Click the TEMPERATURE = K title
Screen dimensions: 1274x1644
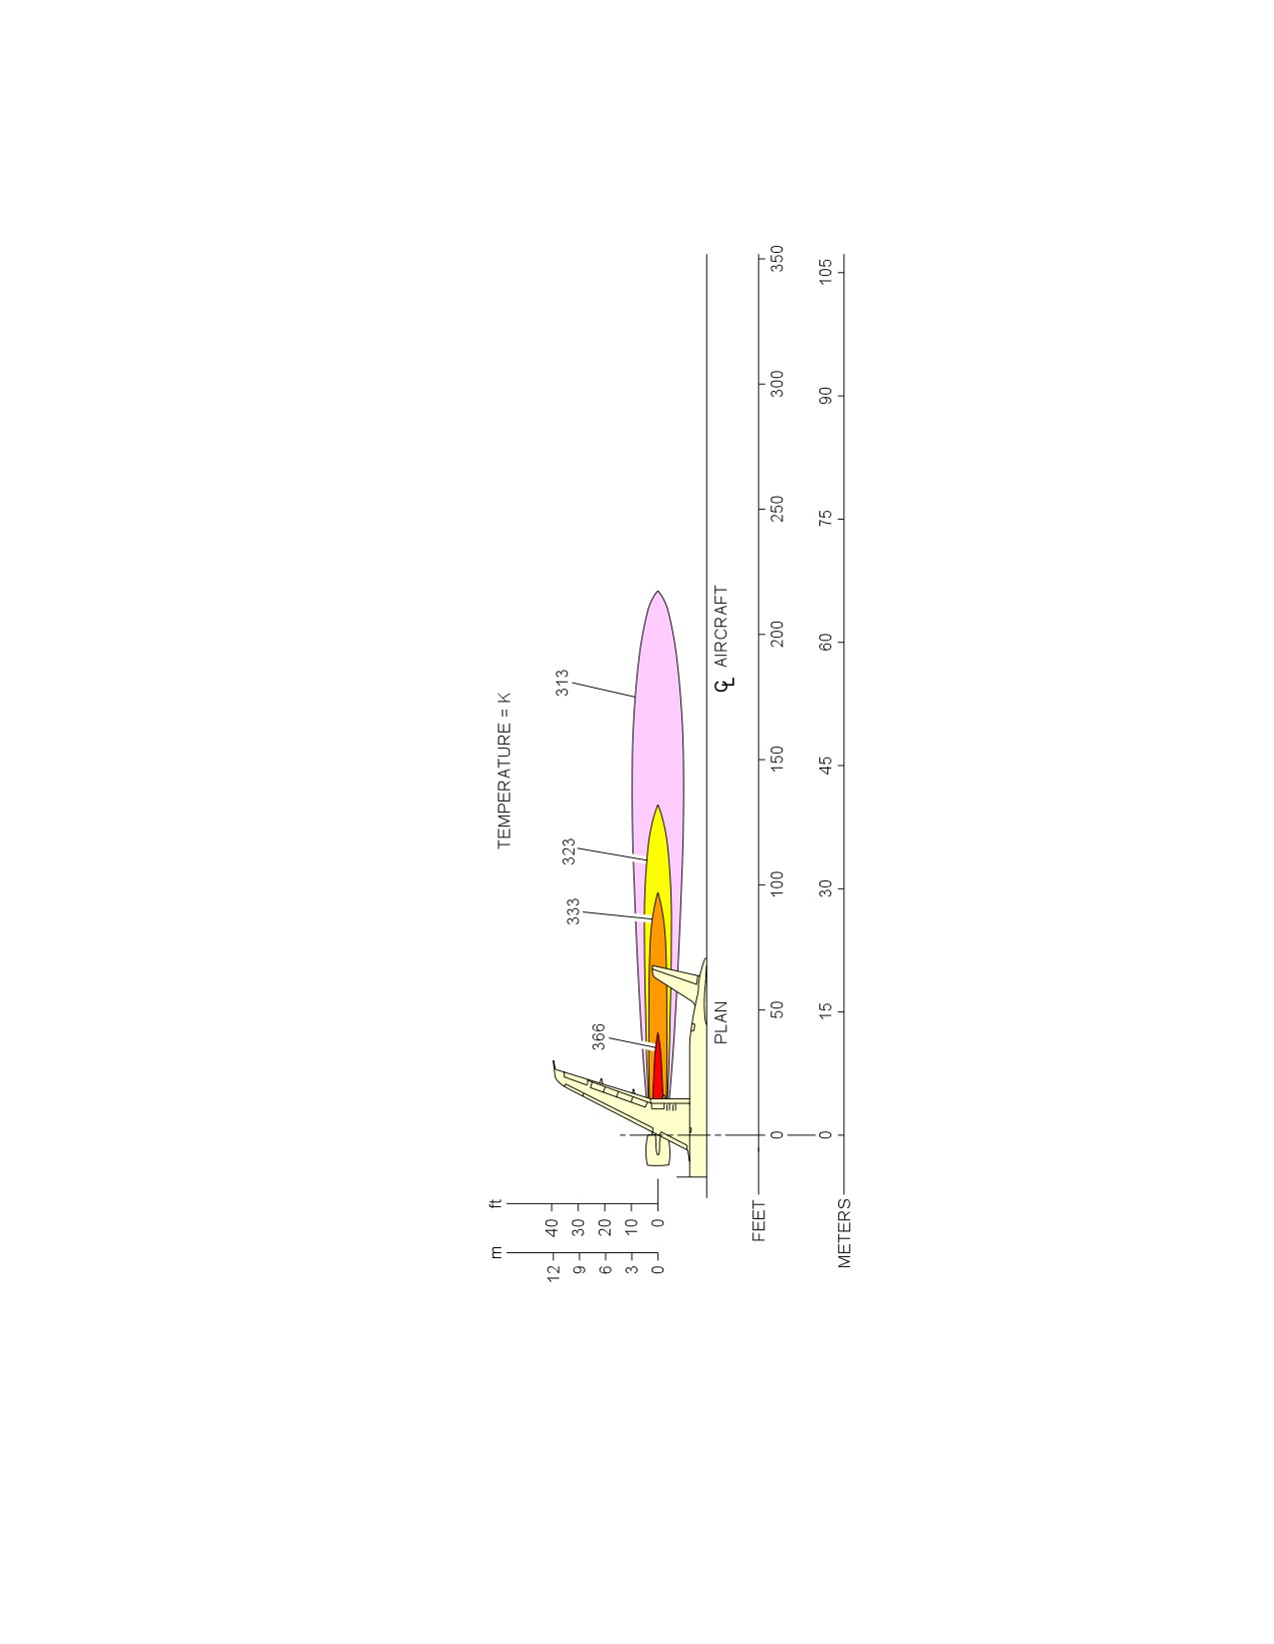pos(505,771)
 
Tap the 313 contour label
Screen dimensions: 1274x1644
pos(562,683)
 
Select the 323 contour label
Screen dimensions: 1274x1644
pos(569,851)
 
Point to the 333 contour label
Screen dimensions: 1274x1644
pos(574,910)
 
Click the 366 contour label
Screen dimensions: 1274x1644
pos(599,1036)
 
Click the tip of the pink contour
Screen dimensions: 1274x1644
pos(657,591)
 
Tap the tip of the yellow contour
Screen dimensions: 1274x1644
pos(657,805)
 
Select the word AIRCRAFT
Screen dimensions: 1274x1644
pos(721,626)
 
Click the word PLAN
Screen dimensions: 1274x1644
pos(721,1022)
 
